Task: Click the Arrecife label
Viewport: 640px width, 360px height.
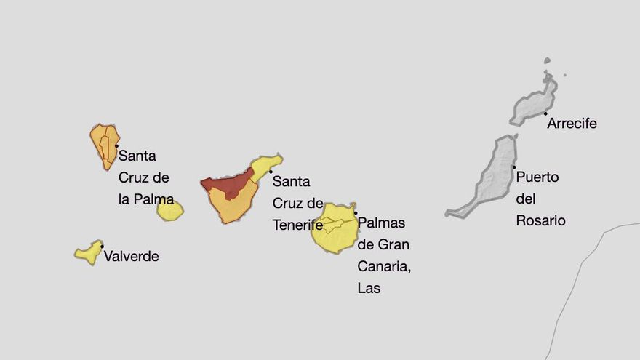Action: click(x=572, y=124)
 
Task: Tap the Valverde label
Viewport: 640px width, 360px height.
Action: click(x=131, y=256)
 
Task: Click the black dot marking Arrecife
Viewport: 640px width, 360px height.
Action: click(x=545, y=113)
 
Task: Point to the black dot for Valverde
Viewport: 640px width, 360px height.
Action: click(x=102, y=246)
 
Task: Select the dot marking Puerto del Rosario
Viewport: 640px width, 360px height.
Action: click(x=513, y=167)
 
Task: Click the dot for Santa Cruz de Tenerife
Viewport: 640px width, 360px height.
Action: click(x=271, y=172)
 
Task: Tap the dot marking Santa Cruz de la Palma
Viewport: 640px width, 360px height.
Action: click(x=116, y=145)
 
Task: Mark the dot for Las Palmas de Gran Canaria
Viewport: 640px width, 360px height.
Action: click(x=356, y=213)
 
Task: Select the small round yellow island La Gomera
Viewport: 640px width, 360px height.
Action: click(x=170, y=211)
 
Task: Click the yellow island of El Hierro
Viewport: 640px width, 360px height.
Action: click(x=89, y=252)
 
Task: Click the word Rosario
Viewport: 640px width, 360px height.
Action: click(x=540, y=220)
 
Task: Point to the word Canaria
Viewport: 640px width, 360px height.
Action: click(x=384, y=266)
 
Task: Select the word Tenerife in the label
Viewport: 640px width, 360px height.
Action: click(x=297, y=225)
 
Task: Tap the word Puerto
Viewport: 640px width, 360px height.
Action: click(x=537, y=177)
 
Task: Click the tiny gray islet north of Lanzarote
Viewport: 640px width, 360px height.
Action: click(x=547, y=61)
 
